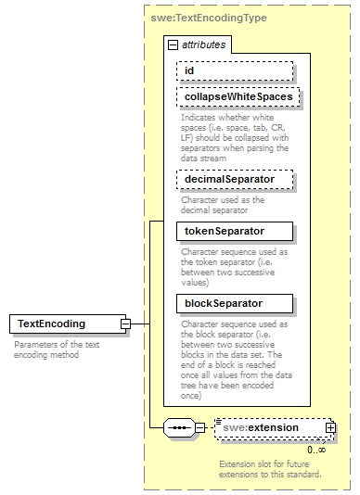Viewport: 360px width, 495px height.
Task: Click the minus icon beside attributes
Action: [173, 44]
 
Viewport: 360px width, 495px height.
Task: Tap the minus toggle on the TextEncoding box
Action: [126, 324]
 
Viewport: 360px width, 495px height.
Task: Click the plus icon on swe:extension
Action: [330, 428]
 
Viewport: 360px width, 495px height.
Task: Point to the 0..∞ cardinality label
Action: [315, 450]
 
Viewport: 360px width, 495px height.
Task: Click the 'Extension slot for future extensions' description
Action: [270, 468]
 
